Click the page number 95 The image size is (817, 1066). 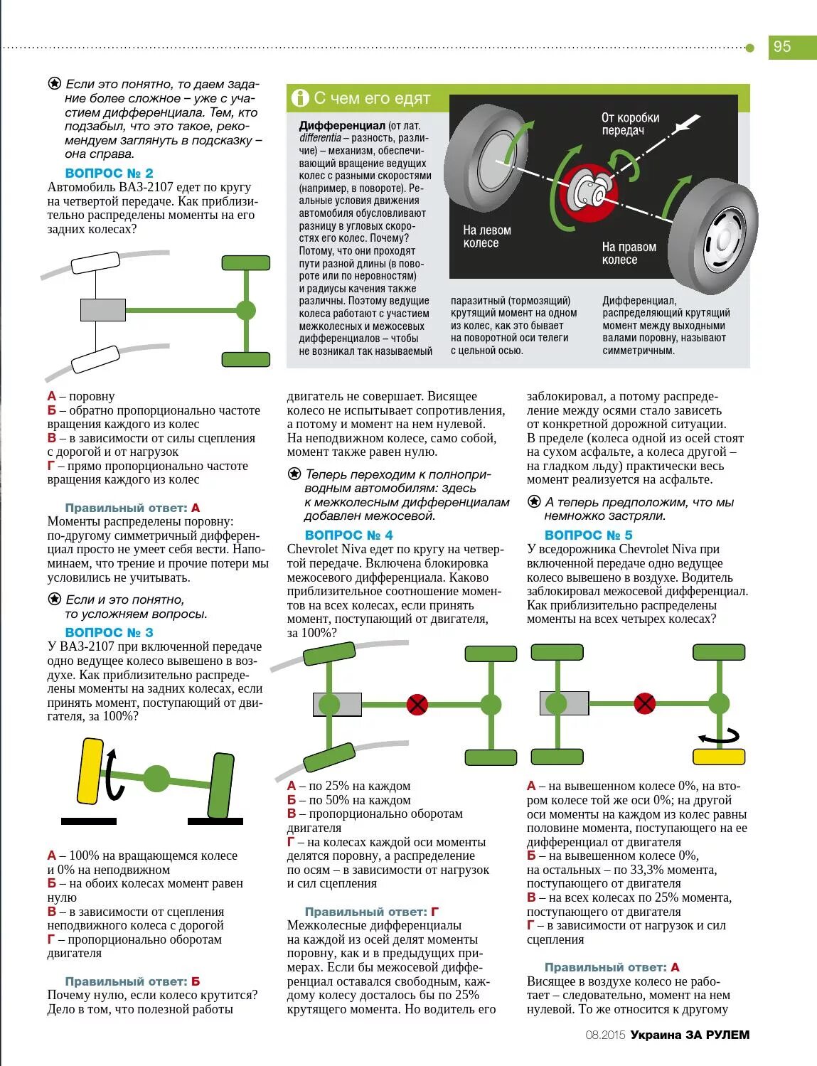[782, 47]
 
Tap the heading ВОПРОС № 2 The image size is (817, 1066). [109, 174]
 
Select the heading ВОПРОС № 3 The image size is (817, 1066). [109, 633]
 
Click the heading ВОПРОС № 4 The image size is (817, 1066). [348, 535]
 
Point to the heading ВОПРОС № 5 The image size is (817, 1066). [588, 535]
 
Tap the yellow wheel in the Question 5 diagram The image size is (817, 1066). [719, 757]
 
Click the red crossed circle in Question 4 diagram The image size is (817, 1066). [417, 705]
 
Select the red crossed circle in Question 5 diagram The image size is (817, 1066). [644, 704]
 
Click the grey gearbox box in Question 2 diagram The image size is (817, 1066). [102, 310]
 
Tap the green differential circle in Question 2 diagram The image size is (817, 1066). [245, 310]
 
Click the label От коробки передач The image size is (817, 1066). [630, 124]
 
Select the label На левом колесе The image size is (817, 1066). [486, 237]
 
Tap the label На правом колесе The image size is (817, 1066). [629, 253]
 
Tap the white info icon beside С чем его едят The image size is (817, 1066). [300, 98]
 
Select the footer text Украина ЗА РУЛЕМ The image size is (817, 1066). [690, 1035]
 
